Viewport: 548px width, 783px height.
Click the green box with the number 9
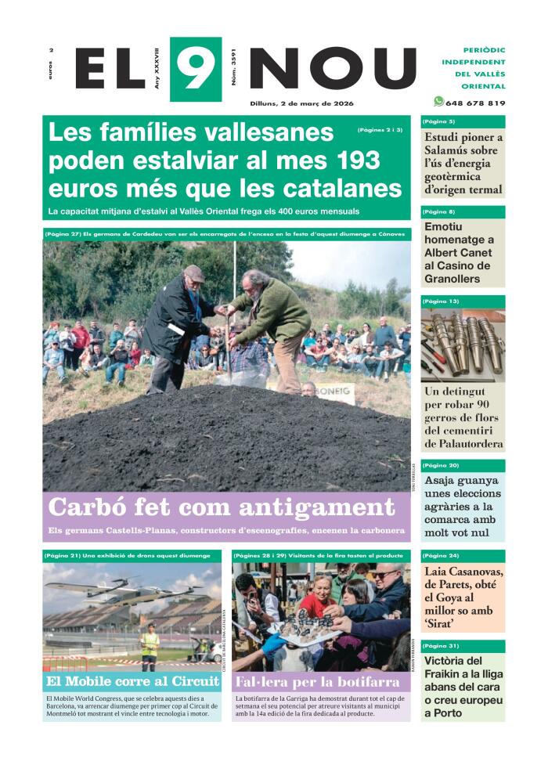[x=196, y=69]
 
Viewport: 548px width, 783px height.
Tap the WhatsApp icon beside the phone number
[x=438, y=101]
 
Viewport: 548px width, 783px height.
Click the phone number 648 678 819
[x=475, y=103]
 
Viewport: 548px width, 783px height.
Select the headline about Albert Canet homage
[x=459, y=253]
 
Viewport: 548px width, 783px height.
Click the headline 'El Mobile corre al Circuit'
[x=132, y=681]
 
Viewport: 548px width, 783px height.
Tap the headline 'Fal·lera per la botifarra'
[x=317, y=681]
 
